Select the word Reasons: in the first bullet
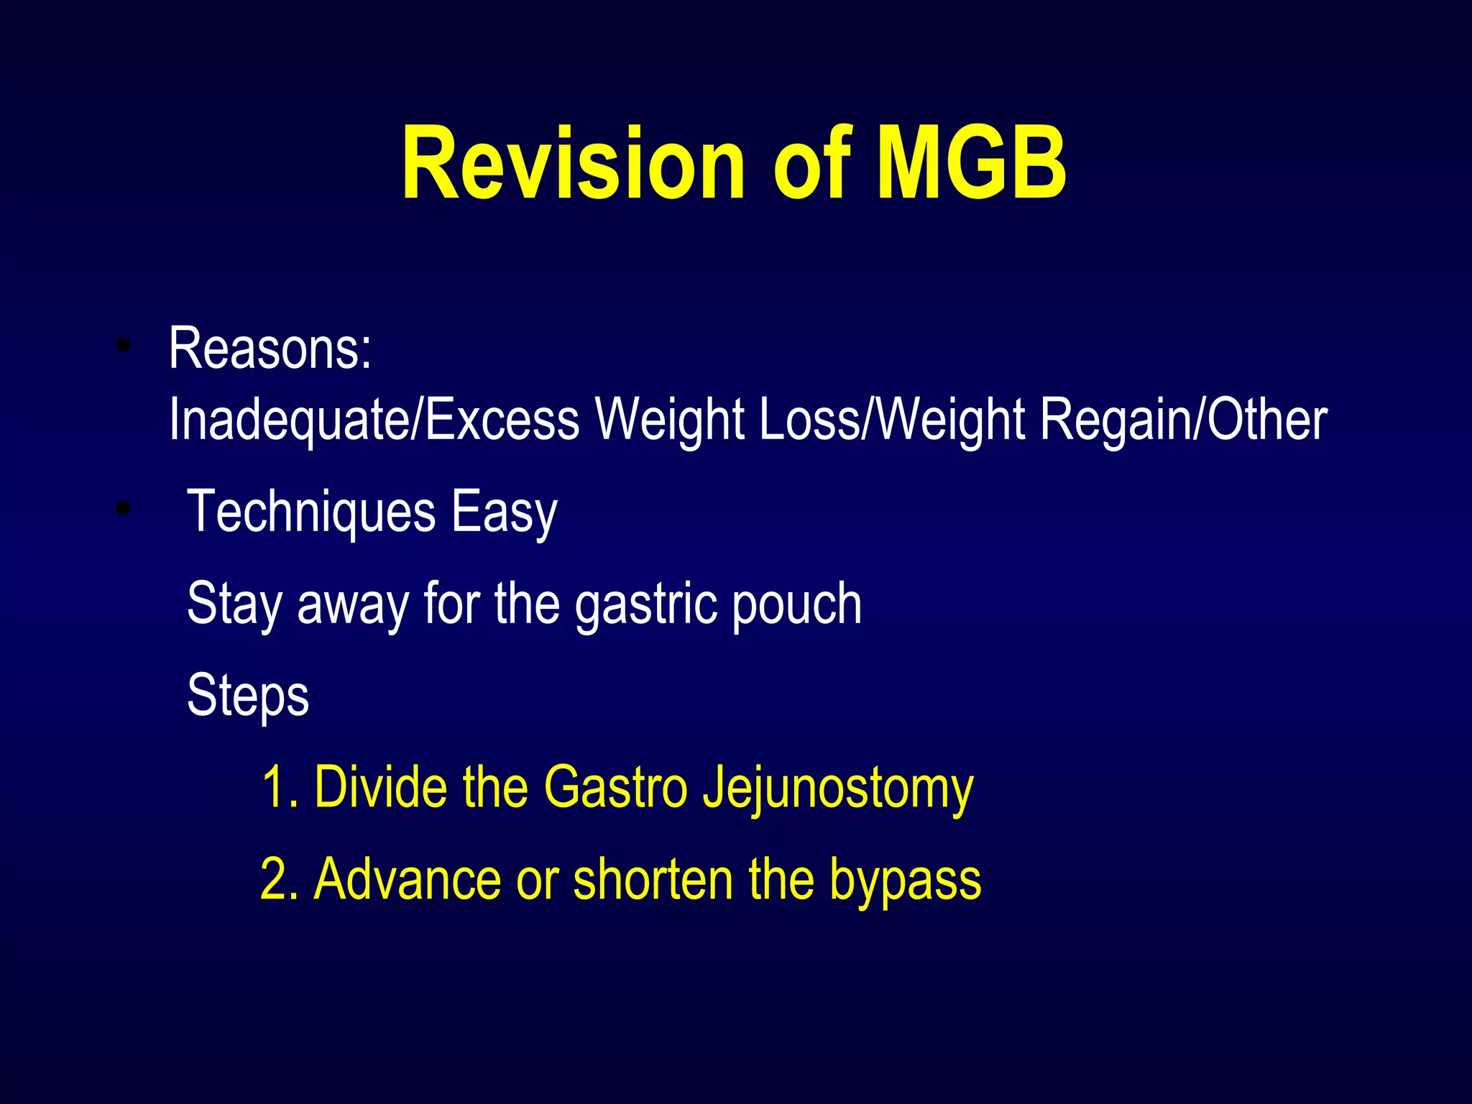(x=270, y=349)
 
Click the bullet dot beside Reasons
(x=124, y=346)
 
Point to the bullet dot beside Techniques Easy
(x=124, y=509)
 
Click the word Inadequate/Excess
(x=374, y=420)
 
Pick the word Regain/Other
(x=1183, y=420)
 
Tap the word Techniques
(x=311, y=511)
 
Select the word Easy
(x=504, y=512)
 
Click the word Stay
(x=234, y=604)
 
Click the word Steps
(x=248, y=696)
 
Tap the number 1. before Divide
(x=280, y=787)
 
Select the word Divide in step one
(x=381, y=787)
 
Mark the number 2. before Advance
(x=280, y=879)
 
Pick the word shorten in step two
(x=653, y=879)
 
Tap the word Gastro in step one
(x=615, y=787)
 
